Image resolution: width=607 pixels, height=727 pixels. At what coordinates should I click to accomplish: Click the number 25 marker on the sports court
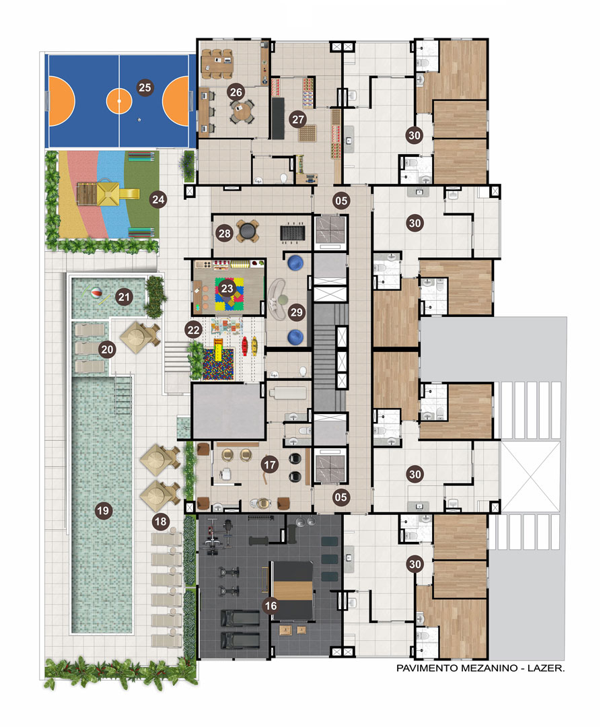tap(145, 88)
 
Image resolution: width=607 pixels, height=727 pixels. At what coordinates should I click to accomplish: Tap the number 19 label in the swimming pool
tap(103, 511)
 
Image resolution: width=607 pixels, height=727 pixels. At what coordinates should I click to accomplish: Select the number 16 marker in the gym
tap(271, 606)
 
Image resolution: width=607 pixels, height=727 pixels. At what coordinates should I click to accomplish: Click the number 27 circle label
tap(298, 120)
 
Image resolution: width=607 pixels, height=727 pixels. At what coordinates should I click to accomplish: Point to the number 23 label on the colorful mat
tap(227, 289)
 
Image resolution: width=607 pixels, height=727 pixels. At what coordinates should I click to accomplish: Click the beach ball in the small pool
tap(96, 293)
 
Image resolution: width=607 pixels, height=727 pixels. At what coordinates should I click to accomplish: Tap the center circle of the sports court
tap(119, 100)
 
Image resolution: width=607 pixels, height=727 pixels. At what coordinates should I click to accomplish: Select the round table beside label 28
tap(247, 230)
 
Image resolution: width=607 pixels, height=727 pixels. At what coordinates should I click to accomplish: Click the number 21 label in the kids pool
tap(124, 297)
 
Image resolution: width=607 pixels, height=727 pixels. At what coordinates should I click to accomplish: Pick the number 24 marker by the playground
tap(158, 199)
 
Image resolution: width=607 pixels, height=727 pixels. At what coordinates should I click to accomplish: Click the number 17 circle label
tap(270, 464)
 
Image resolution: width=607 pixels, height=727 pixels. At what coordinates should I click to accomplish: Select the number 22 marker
tap(193, 330)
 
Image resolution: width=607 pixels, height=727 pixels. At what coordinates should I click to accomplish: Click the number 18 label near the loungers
tap(160, 522)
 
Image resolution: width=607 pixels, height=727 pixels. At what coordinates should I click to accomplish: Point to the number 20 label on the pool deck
tap(107, 349)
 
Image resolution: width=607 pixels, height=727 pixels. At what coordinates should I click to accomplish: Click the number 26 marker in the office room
tap(236, 92)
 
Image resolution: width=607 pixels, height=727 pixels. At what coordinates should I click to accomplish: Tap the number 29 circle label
tap(297, 312)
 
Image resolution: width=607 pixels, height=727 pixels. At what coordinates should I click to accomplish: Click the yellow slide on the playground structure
tap(129, 194)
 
